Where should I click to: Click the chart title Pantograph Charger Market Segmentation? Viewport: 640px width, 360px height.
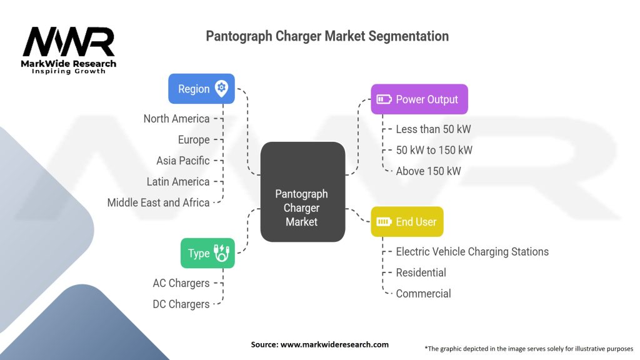327,36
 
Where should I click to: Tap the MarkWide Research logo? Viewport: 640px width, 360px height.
69,50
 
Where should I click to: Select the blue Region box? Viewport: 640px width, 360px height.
201,89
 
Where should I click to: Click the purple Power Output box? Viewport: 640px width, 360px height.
419,99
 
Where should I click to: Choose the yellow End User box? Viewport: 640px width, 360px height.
407,222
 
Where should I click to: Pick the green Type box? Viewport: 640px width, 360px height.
207,253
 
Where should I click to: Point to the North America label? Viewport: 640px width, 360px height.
176,119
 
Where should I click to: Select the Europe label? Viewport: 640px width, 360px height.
193,140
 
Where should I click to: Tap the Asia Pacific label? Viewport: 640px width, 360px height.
182,161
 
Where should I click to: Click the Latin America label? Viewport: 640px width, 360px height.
177,182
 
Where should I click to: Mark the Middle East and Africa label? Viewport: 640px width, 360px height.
158,202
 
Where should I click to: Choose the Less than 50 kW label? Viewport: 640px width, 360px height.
433,129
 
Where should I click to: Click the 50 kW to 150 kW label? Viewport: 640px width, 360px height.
434,150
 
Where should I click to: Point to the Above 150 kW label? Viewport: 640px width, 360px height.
428,171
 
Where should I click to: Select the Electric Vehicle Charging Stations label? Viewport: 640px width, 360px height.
472,252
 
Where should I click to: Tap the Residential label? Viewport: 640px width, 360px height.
421,272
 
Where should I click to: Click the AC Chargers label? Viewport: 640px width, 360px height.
181,283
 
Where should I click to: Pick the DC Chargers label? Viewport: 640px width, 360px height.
181,304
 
